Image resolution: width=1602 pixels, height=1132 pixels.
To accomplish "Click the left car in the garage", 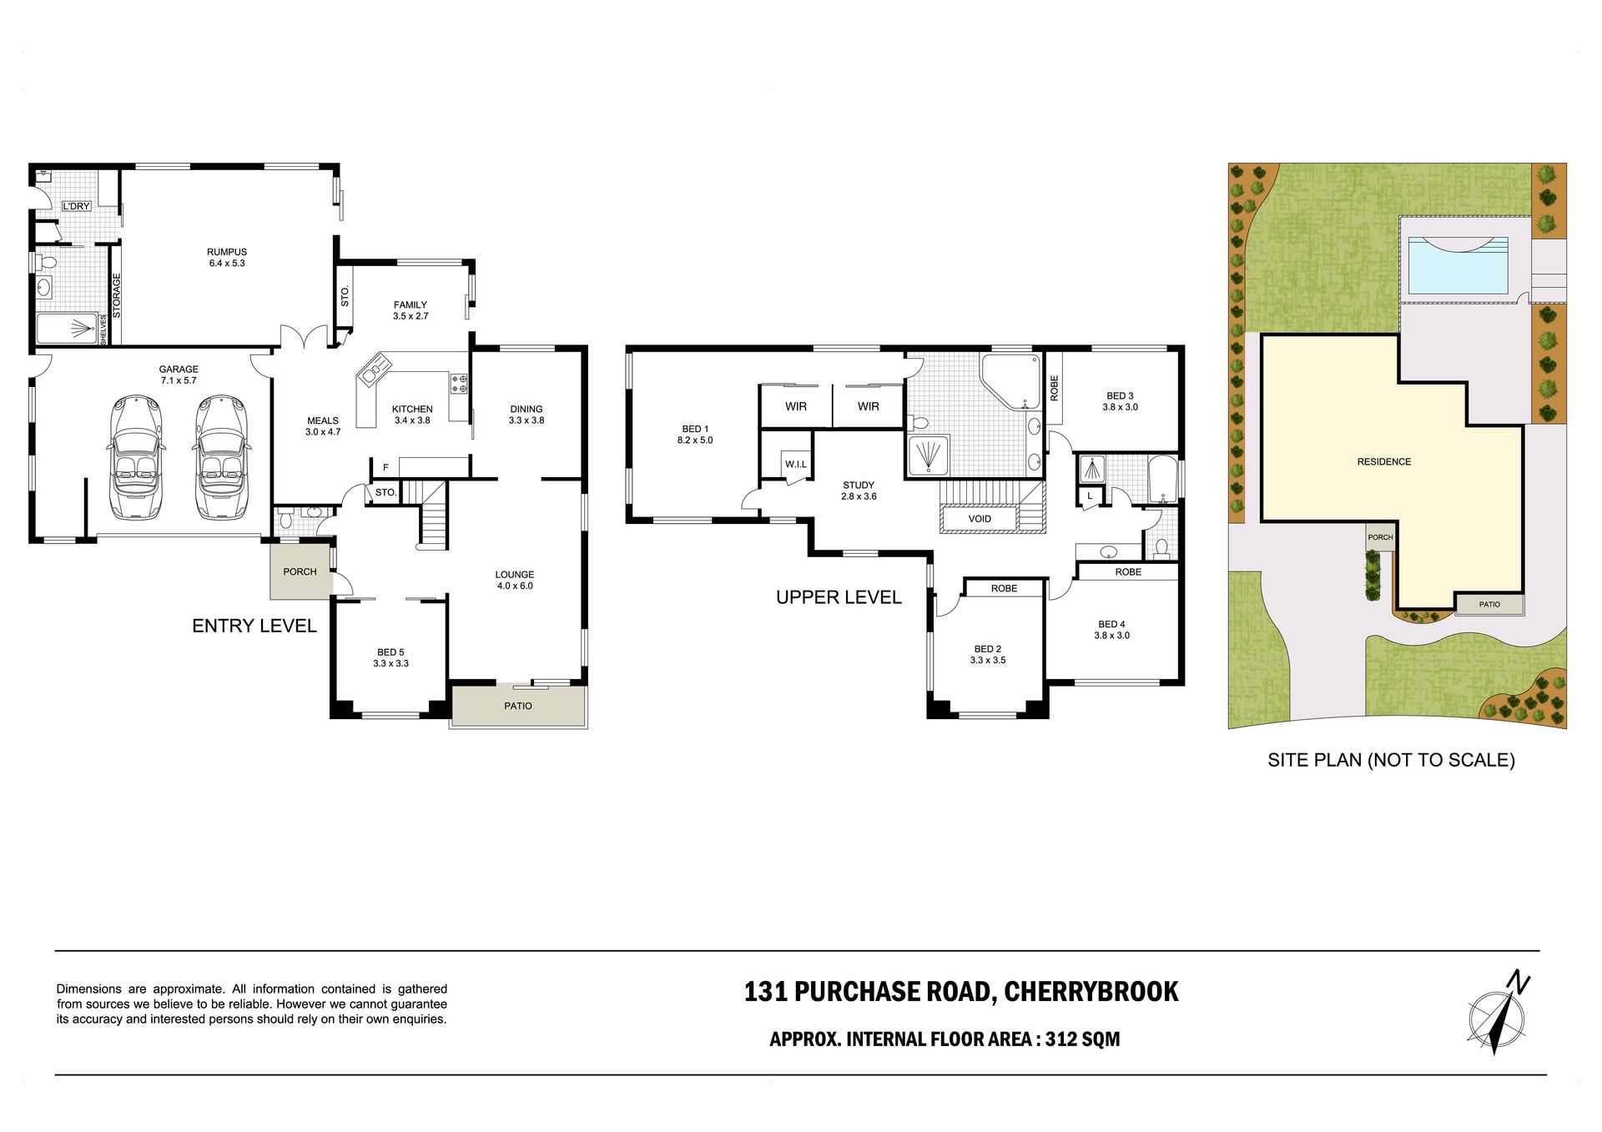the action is (x=137, y=457).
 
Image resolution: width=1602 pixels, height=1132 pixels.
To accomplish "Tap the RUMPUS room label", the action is (x=227, y=252).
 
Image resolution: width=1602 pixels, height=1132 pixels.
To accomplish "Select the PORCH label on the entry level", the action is (x=300, y=572).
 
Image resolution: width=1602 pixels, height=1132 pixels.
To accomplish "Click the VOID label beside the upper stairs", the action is (x=980, y=519).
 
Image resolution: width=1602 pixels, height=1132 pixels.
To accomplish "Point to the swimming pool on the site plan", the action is (x=1458, y=265).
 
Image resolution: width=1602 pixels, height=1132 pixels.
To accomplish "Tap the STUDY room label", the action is (x=859, y=486).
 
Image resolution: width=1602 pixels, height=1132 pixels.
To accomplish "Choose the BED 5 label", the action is (x=390, y=652).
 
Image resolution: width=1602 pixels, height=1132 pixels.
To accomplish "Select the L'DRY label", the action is (x=76, y=206).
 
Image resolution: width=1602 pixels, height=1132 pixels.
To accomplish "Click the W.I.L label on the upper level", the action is (x=795, y=465).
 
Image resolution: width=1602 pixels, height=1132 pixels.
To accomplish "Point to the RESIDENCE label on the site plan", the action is (x=1384, y=461).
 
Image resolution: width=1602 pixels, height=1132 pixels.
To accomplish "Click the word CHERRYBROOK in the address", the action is (x=1091, y=992).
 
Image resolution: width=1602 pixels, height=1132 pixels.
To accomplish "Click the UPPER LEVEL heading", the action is (x=839, y=597).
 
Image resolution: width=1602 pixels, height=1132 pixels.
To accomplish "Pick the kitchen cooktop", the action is (x=459, y=384).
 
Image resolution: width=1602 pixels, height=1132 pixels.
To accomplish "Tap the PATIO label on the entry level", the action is (x=518, y=707).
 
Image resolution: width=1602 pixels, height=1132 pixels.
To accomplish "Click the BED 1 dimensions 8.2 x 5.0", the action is (x=695, y=440).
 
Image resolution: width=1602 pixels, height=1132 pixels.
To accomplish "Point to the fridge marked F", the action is (x=385, y=468).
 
